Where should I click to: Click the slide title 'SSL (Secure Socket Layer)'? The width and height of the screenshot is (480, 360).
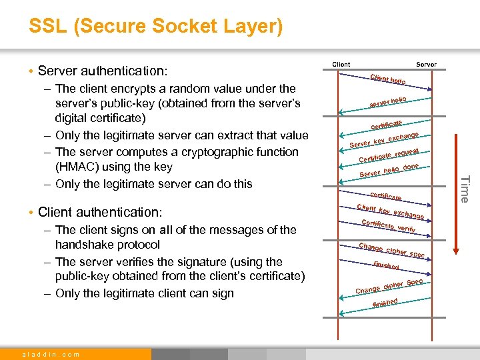(155, 27)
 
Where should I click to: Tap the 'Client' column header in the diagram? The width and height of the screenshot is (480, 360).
(341, 65)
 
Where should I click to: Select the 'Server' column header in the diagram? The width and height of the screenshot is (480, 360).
(426, 65)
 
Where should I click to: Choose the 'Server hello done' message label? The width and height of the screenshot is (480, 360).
(389, 171)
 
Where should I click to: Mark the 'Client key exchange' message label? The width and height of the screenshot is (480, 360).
(391, 211)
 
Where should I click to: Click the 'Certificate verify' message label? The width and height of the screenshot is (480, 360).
(388, 226)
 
